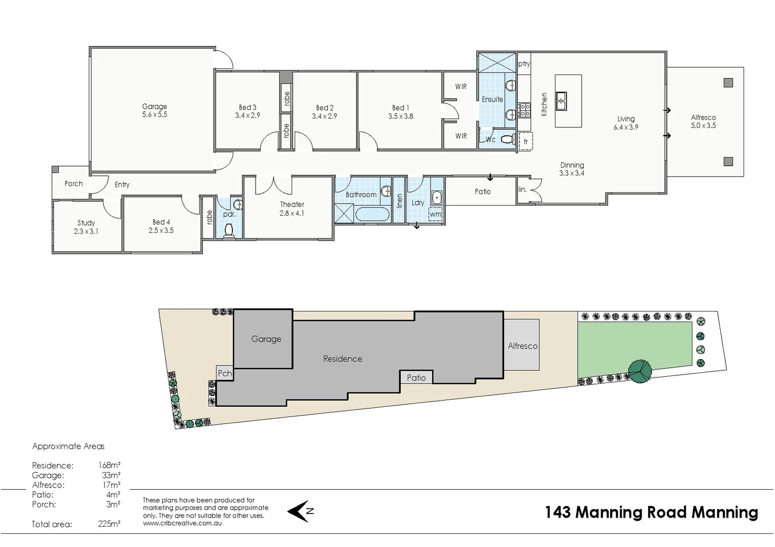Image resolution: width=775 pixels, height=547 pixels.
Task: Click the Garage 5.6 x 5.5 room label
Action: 155,110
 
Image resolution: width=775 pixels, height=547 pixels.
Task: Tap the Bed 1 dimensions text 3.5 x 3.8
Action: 401,116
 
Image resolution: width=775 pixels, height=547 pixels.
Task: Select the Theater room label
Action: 292,205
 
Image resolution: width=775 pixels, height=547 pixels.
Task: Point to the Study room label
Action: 86,223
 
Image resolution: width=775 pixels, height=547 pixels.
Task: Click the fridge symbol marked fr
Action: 525,142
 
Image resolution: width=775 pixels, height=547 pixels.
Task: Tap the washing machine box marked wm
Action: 435,214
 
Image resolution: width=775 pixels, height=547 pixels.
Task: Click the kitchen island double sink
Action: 561,101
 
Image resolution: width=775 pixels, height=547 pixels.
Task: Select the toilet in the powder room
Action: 229,230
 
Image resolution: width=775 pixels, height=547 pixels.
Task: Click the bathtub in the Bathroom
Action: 372,214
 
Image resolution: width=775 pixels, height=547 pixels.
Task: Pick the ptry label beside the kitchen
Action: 524,64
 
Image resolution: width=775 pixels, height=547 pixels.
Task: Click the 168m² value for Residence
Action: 110,465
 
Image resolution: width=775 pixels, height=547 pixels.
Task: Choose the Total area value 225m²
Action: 109,524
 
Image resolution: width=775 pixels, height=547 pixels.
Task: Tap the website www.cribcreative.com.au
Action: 182,523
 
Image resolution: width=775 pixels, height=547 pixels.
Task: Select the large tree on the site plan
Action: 641,371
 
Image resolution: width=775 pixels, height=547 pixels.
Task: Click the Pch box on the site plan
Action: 224,373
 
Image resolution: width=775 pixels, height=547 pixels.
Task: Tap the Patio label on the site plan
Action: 416,377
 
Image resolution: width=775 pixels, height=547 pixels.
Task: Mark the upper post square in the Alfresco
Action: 728,83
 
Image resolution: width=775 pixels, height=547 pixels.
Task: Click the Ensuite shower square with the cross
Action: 497,63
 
